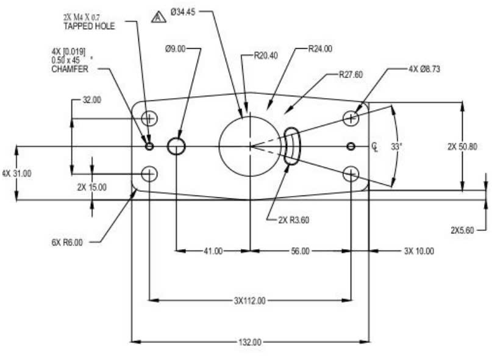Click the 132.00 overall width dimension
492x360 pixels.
coord(250,342)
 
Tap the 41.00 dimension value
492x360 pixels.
coord(213,250)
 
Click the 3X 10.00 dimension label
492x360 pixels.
coord(419,250)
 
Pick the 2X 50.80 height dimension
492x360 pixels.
coord(462,146)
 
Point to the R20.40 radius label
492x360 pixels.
coord(266,55)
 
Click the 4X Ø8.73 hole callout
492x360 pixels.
coord(424,69)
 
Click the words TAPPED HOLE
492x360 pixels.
coord(89,27)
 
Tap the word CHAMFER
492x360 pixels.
coord(70,69)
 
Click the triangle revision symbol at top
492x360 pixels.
coord(159,16)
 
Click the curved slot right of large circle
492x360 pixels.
coord(291,146)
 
